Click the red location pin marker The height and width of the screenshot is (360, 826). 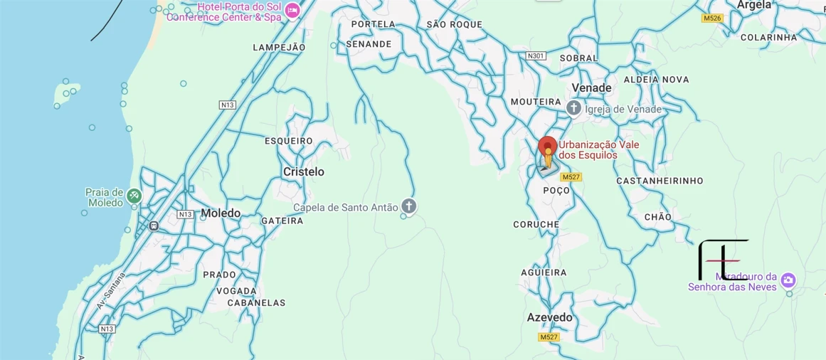click(x=547, y=147)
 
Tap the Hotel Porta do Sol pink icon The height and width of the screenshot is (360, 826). click(x=292, y=9)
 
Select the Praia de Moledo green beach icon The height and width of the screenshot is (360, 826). click(x=134, y=196)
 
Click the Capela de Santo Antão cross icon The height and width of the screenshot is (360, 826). click(x=408, y=206)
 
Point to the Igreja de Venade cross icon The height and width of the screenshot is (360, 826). click(x=574, y=108)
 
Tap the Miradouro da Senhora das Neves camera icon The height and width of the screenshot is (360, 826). click(x=788, y=280)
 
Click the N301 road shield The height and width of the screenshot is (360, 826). click(x=536, y=55)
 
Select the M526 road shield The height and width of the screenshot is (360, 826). click(x=712, y=18)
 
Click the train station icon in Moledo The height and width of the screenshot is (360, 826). click(x=154, y=226)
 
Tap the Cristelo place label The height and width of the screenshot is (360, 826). click(x=303, y=171)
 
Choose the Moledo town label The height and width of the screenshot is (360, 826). click(x=221, y=213)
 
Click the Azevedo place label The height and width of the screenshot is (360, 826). click(x=549, y=317)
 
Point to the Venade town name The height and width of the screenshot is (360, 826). click(x=592, y=88)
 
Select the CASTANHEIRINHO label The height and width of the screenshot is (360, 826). click(x=660, y=181)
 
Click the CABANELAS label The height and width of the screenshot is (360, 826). click(x=256, y=302)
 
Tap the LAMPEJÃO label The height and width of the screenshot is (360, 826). click(x=279, y=48)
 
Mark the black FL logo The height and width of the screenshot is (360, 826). click(x=723, y=260)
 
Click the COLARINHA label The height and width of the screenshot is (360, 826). click(x=768, y=37)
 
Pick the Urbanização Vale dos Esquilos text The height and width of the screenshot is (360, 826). click(x=598, y=149)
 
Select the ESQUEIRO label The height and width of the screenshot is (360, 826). click(x=289, y=141)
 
